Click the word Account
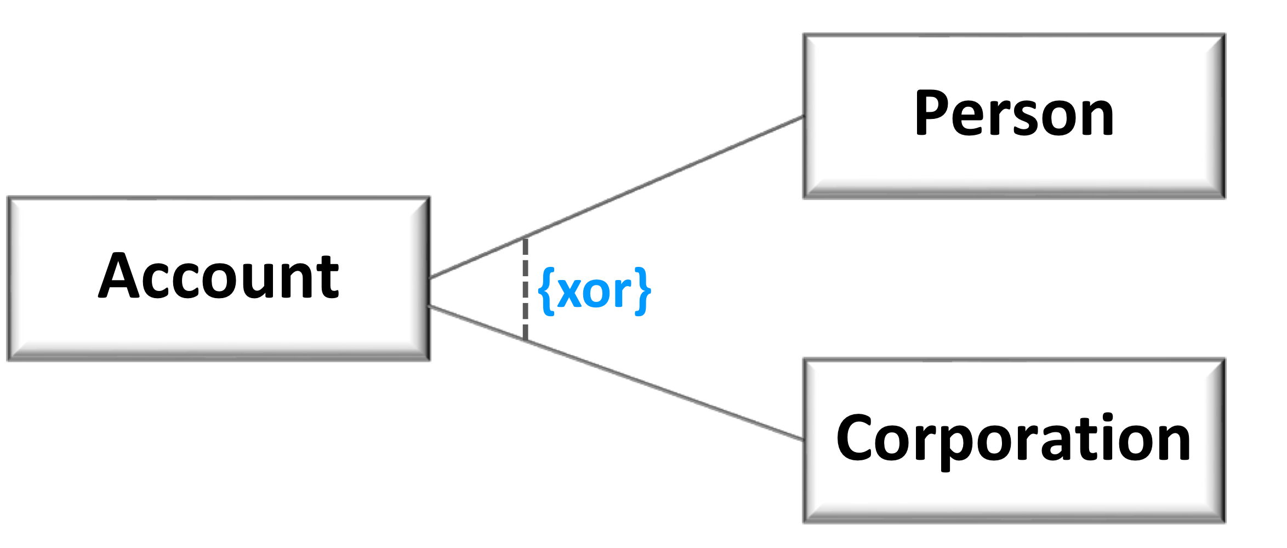(219, 277)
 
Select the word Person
(1014, 114)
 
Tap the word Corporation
(1013, 439)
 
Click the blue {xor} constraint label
(595, 291)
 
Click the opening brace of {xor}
(546, 291)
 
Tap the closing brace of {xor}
(643, 291)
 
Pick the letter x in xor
(572, 293)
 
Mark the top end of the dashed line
(525, 239)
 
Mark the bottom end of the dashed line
(525, 340)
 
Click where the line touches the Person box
(804, 117)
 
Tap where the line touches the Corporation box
(804, 439)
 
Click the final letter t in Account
(329, 278)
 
